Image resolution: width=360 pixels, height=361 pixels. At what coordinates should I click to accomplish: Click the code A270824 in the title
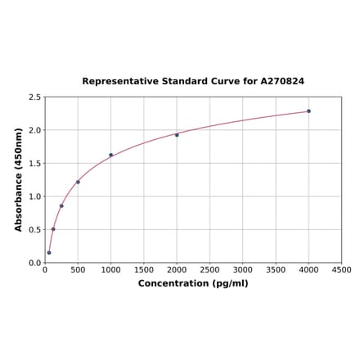pyautogui.click(x=282, y=82)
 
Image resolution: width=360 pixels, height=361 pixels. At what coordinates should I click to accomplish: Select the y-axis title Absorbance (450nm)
pyautogui.click(x=18, y=179)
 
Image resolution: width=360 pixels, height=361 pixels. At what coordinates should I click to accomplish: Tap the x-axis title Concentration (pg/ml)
pyautogui.click(x=193, y=283)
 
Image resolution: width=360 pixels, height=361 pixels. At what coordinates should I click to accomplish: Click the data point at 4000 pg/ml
pyautogui.click(x=308, y=111)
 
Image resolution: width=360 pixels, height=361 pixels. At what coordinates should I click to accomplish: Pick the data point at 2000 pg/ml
pyautogui.click(x=177, y=135)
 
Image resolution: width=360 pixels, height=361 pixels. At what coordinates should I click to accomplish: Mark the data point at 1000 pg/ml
pyautogui.click(x=111, y=155)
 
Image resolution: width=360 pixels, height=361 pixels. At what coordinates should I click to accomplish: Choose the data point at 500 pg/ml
pyautogui.click(x=78, y=182)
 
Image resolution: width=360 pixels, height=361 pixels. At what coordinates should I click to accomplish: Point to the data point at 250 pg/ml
pyautogui.click(x=61, y=205)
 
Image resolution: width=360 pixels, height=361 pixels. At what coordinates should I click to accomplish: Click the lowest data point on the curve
pyautogui.click(x=49, y=252)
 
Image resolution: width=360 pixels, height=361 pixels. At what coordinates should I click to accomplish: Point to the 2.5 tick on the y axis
pyautogui.click(x=36, y=97)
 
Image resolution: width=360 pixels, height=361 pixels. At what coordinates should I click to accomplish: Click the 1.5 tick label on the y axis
pyautogui.click(x=36, y=163)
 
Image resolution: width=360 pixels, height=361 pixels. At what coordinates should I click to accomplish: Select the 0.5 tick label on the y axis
pyautogui.click(x=36, y=229)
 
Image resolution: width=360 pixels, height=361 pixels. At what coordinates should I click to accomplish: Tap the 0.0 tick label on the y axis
pyautogui.click(x=36, y=263)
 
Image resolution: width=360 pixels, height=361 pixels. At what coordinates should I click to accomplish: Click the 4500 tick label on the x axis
pyautogui.click(x=341, y=270)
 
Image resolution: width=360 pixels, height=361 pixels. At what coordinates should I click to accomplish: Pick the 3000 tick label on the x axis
pyautogui.click(x=243, y=270)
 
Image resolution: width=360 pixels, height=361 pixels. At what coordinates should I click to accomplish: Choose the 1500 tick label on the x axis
pyautogui.click(x=144, y=270)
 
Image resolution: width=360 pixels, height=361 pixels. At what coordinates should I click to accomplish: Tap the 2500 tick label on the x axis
pyautogui.click(x=209, y=270)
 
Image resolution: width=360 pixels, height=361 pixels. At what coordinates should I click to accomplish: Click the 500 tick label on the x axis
pyautogui.click(x=78, y=270)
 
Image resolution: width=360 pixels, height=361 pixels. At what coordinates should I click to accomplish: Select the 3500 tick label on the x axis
pyautogui.click(x=276, y=270)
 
